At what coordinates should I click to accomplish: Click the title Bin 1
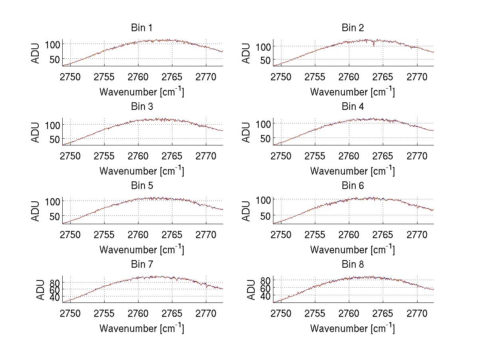(x=142, y=28)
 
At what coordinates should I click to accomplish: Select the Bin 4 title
(x=353, y=107)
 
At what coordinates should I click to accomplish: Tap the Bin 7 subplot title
(x=142, y=265)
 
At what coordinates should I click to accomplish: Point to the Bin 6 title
(x=353, y=186)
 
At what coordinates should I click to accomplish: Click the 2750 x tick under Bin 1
(x=71, y=77)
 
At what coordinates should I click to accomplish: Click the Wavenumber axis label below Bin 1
(x=142, y=92)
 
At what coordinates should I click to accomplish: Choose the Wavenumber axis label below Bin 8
(x=353, y=328)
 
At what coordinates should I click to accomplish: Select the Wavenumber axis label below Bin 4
(x=353, y=171)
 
